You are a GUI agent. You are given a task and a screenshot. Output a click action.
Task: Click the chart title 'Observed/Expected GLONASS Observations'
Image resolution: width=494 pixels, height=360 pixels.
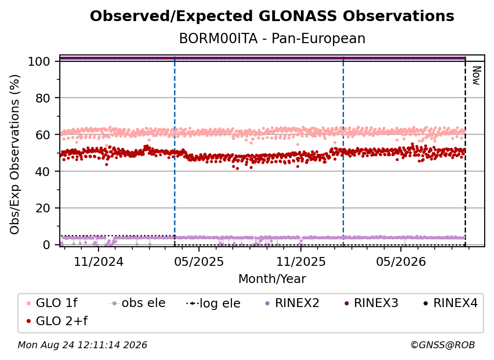point(272,16)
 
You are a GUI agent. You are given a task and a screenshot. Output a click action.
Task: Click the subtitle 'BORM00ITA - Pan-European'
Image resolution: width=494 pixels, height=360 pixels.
point(272,39)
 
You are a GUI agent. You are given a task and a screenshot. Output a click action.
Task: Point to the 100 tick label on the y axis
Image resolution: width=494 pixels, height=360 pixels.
point(39,61)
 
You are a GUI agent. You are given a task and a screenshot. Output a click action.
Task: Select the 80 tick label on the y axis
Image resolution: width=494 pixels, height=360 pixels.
point(43,98)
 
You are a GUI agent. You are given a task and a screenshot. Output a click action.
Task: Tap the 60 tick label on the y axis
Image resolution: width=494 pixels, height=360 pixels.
point(43,134)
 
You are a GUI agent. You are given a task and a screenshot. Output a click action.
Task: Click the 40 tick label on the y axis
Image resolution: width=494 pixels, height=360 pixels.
point(43,172)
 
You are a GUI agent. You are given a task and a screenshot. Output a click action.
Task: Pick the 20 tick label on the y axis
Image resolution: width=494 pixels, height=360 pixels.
point(43,208)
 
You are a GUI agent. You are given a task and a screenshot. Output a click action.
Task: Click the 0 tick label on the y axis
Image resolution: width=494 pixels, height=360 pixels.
point(47,245)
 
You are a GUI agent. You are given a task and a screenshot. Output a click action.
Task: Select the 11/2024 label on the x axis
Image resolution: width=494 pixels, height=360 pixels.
point(99,261)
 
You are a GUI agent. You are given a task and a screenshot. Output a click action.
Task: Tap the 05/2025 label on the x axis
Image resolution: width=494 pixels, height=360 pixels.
point(199,261)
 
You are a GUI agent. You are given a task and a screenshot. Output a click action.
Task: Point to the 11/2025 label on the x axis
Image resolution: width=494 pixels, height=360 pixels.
point(301,261)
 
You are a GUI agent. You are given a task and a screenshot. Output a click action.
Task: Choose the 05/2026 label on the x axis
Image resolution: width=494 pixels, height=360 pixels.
point(401,261)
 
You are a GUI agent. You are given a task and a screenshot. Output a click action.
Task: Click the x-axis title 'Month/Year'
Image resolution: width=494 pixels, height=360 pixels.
point(272,279)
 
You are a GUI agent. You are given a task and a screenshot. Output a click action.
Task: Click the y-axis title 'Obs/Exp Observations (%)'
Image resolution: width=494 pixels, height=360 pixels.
point(15,154)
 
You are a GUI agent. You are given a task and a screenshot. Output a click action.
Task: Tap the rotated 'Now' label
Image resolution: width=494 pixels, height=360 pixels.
point(476,76)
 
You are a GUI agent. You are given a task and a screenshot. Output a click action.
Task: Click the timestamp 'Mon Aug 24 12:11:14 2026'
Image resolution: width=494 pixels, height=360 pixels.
point(82,345)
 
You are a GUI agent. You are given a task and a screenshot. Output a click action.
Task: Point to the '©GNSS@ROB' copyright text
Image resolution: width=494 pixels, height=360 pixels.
point(443,345)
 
